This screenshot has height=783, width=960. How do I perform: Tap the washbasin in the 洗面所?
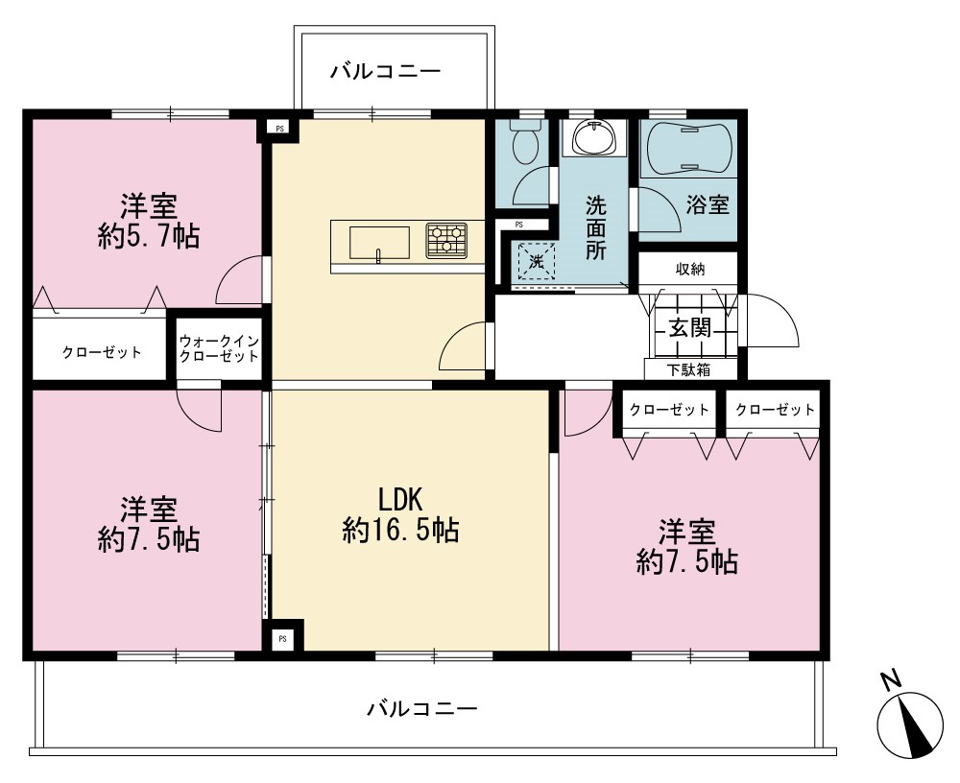594,137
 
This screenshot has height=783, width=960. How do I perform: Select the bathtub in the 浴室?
688,149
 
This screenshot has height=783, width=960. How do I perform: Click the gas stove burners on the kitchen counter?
447,239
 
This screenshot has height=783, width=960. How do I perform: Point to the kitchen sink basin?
379,243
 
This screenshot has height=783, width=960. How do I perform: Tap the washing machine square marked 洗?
537,262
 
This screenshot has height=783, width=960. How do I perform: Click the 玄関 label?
690,328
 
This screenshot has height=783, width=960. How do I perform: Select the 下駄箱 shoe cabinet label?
688,369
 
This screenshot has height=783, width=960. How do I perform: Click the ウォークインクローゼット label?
219,348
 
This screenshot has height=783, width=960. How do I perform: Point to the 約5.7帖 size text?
149,236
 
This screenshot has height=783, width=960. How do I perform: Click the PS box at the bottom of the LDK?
282,639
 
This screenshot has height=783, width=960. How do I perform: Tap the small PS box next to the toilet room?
519,225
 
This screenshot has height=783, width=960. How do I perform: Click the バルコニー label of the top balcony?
386,72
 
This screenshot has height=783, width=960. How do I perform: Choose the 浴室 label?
708,204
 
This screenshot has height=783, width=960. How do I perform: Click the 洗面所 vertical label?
596,227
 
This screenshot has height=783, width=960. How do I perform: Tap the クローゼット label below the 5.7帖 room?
102,352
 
